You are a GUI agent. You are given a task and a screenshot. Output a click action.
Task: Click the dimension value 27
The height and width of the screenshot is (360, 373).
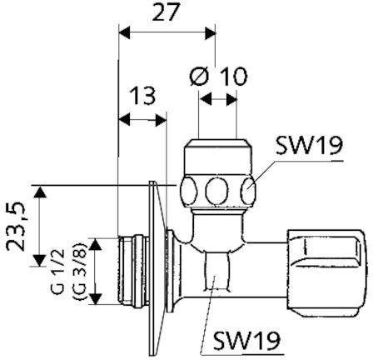coord(165,12)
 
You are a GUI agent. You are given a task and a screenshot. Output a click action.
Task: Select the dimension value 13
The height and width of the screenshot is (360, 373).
coord(143,96)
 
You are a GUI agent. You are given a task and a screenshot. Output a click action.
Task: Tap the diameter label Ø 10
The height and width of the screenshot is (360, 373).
coord(218,76)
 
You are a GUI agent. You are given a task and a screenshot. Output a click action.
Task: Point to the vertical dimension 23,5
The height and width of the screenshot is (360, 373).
coord(16,226)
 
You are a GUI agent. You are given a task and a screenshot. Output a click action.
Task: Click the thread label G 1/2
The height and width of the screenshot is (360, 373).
coord(57,271)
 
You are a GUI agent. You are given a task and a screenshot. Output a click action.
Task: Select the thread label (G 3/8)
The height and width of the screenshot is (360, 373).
coord(79,272)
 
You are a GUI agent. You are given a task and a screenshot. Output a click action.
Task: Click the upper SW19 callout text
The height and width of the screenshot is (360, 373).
coord(309,145)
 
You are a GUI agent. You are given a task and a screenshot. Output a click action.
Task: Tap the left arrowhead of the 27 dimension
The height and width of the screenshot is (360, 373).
coord(124,33)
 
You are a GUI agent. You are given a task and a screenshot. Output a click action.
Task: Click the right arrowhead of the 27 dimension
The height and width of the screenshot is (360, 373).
coord(210,33)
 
